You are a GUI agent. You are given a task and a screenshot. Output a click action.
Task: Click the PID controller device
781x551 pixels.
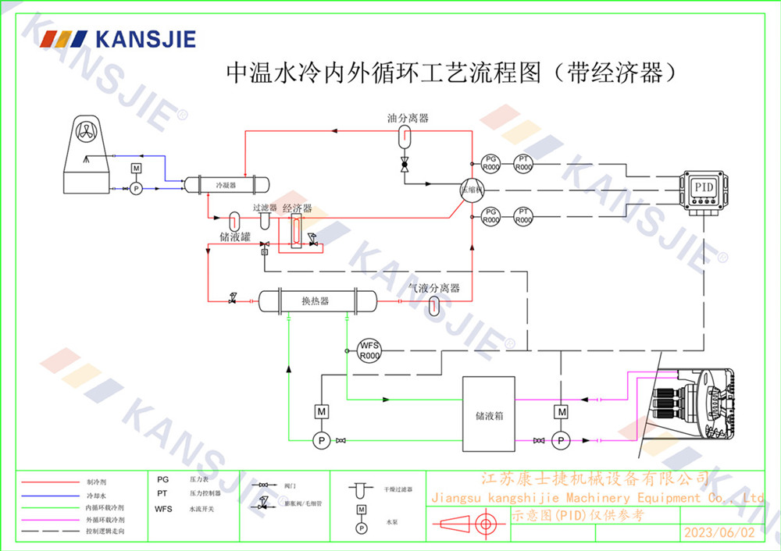(x=705, y=189)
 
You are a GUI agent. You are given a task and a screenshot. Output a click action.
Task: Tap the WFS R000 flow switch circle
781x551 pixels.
(x=369, y=350)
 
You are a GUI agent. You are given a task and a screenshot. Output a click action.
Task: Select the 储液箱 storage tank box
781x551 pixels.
(x=489, y=414)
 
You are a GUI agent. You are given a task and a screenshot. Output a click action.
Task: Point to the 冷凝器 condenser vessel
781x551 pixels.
(x=226, y=185)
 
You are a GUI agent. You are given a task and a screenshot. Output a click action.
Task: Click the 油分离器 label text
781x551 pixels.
(x=408, y=119)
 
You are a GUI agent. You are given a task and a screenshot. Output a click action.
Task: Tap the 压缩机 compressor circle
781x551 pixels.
(x=471, y=190)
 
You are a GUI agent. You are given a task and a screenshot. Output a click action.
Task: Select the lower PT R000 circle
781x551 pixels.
(x=523, y=216)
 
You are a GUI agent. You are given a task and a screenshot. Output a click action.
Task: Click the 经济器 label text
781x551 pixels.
(x=297, y=209)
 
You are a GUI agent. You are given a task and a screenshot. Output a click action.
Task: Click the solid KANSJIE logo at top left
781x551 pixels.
(x=117, y=39)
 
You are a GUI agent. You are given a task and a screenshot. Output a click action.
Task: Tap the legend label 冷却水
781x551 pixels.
(x=95, y=496)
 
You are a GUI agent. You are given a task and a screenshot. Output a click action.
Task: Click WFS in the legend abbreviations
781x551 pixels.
(x=163, y=509)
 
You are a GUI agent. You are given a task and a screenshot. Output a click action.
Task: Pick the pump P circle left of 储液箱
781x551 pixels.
(x=321, y=441)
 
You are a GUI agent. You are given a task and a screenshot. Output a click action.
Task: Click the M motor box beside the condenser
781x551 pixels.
(x=136, y=169)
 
